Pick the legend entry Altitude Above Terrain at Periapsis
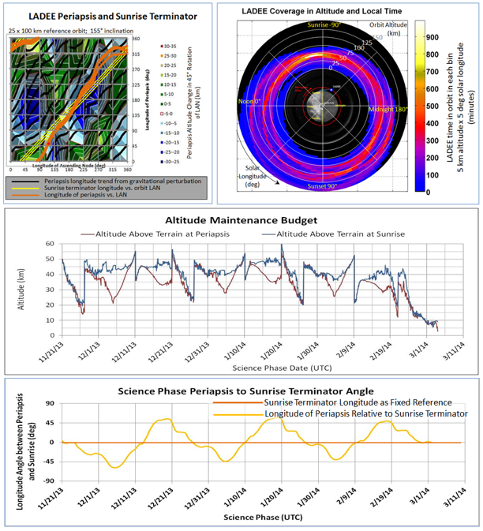click(156, 234)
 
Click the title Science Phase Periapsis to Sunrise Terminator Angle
click(242, 391)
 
